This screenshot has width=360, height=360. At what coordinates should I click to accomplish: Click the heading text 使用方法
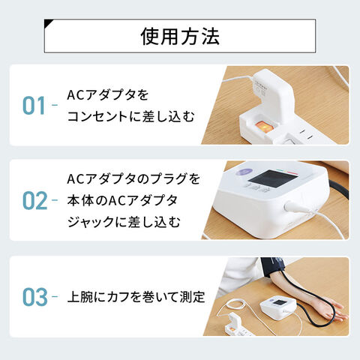pyautogui.click(x=180, y=37)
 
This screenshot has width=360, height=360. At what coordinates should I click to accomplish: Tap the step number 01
pyautogui.click(x=34, y=106)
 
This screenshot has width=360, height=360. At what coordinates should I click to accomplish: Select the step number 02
pyautogui.click(x=34, y=200)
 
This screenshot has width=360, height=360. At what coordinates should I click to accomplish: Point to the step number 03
pyautogui.click(x=34, y=297)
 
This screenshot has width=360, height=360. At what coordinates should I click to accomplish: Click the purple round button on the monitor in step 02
pyautogui.click(x=242, y=172)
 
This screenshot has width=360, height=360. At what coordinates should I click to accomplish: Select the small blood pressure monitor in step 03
pyautogui.click(x=278, y=308)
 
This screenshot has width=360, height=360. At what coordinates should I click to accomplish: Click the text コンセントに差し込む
pyautogui.click(x=130, y=116)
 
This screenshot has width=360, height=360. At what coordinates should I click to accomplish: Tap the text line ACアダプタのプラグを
pyautogui.click(x=133, y=179)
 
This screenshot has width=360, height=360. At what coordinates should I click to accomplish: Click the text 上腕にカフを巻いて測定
pyautogui.click(x=136, y=297)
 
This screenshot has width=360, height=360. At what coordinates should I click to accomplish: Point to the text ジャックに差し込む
pyautogui.click(x=124, y=222)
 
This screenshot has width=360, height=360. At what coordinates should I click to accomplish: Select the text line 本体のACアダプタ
pyautogui.click(x=122, y=200)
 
